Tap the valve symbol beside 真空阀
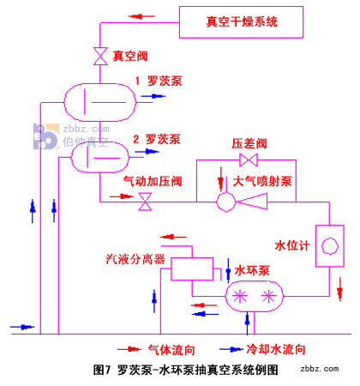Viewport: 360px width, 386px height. (x=100, y=57)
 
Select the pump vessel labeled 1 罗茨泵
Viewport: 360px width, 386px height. (x=99, y=102)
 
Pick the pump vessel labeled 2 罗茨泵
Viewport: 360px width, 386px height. (x=99, y=157)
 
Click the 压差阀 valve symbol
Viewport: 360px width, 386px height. (x=249, y=160)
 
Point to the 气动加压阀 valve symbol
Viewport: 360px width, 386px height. (x=145, y=202)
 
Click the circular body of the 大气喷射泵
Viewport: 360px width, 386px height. (x=226, y=202)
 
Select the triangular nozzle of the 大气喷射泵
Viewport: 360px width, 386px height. (x=252, y=202)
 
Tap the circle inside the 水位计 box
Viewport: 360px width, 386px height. (x=330, y=246)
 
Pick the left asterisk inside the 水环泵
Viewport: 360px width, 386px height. (x=240, y=296)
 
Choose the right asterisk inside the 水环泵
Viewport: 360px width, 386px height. (x=268, y=296)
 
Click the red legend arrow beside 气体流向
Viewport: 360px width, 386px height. (x=129, y=349)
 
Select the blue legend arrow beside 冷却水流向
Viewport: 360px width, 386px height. (x=231, y=349)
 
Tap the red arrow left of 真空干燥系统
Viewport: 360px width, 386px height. (x=141, y=16)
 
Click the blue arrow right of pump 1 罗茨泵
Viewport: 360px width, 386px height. (x=153, y=96)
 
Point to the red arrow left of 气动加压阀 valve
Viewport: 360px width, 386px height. (x=122, y=196)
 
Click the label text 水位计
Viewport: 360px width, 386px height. (x=292, y=245)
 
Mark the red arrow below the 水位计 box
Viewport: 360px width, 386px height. (x=339, y=289)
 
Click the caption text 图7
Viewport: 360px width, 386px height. (x=101, y=370)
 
